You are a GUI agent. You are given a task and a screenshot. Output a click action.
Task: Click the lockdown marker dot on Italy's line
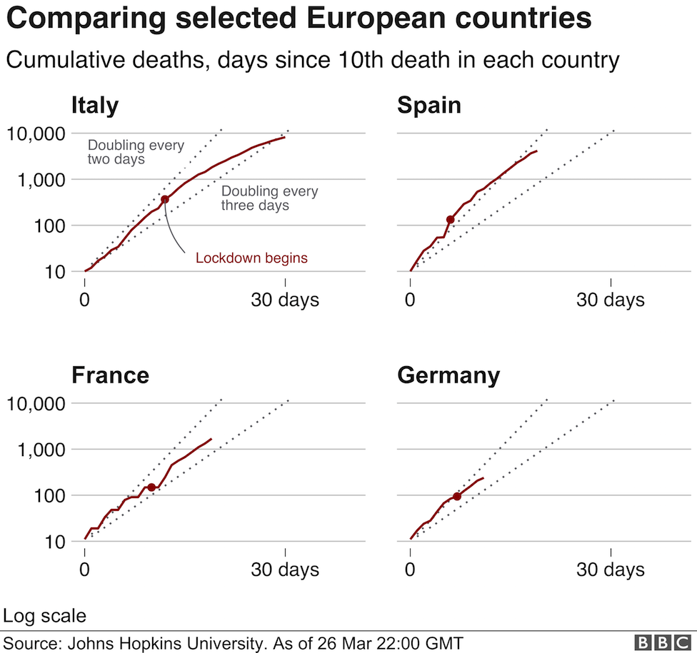(x=165, y=199)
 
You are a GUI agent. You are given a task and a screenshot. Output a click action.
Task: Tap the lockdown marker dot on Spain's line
(x=451, y=219)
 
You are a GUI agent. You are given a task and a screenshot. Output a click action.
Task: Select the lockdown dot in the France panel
(x=151, y=487)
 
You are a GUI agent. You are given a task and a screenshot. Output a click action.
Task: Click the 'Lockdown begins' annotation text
(x=251, y=258)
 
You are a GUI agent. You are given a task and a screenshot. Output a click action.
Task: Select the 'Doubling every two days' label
(x=136, y=152)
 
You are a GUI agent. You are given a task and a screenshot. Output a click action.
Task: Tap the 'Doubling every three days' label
(x=269, y=198)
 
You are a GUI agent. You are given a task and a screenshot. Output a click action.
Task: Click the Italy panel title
(x=95, y=106)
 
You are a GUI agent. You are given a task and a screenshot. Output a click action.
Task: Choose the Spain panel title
(x=429, y=106)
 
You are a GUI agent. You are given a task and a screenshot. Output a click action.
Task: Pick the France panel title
(x=110, y=375)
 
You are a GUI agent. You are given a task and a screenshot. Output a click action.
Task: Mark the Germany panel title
(x=448, y=375)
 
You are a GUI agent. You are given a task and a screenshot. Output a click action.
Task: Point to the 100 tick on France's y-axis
(x=51, y=495)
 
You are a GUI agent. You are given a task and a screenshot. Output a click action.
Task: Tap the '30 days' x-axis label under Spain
(x=610, y=300)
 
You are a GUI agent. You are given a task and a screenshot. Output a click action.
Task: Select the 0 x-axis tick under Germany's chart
(x=410, y=570)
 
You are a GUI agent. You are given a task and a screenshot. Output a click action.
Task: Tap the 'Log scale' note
(x=45, y=615)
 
